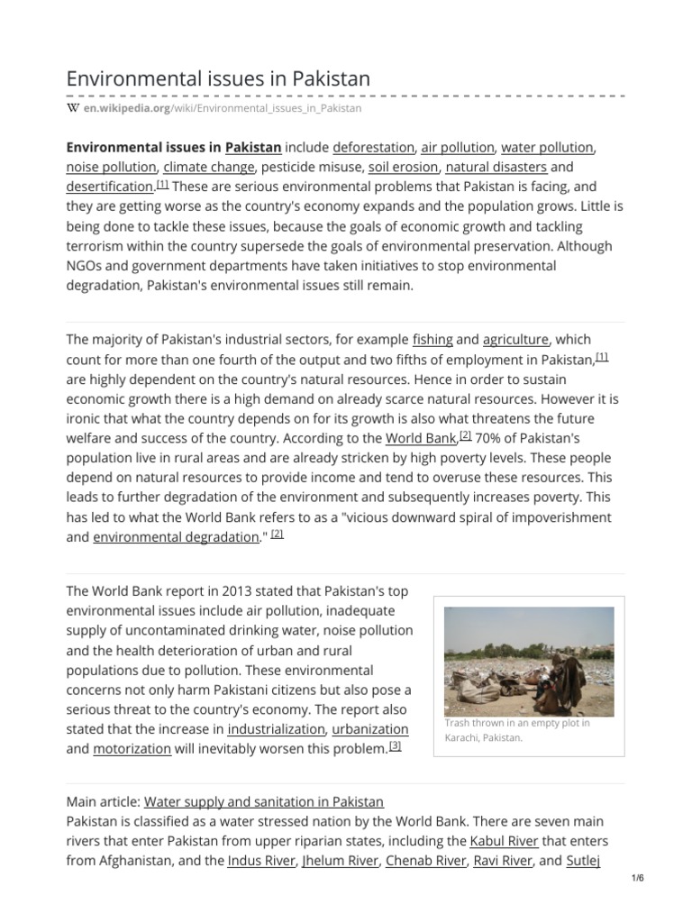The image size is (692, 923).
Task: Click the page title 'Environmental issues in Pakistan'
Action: click(218, 78)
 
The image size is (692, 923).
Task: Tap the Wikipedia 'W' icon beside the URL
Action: click(73, 108)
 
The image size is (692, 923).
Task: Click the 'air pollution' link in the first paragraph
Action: click(458, 147)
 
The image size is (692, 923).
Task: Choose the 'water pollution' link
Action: click(547, 147)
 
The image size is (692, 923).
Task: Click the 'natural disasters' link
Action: click(496, 167)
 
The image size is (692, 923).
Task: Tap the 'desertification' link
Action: click(110, 187)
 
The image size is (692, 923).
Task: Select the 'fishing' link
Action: click(432, 340)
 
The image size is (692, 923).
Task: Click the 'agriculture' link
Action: click(515, 340)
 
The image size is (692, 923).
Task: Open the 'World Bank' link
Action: click(421, 438)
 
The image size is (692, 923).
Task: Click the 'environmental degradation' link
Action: click(176, 537)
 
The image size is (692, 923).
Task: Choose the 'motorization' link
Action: click(132, 748)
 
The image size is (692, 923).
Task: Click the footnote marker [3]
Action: click(395, 745)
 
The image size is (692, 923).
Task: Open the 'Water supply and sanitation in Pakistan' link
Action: click(264, 801)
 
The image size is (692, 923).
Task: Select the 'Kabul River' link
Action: click(505, 841)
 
